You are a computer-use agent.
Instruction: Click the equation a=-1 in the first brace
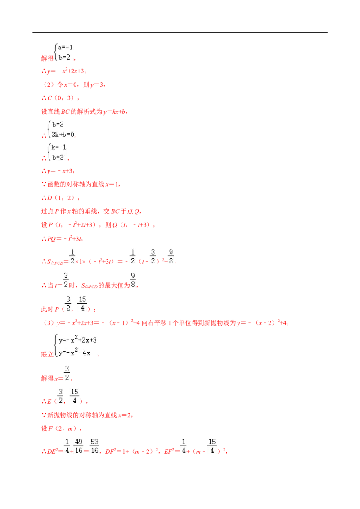(65, 47)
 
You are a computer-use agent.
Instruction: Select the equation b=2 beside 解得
(64, 58)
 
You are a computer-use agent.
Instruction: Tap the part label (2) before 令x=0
(49, 85)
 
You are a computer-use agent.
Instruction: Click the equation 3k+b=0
(63, 134)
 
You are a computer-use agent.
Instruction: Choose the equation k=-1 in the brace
(59, 147)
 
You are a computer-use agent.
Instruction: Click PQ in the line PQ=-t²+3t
(52, 239)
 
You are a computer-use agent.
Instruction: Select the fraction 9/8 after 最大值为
(133, 280)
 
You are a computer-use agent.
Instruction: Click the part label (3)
(49, 323)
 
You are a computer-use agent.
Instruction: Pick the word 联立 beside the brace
(47, 354)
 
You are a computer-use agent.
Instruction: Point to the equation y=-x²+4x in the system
(74, 352)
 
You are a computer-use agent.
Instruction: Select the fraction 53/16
(94, 446)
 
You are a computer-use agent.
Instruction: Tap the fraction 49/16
(79, 446)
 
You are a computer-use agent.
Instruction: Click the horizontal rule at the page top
(180, 33)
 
